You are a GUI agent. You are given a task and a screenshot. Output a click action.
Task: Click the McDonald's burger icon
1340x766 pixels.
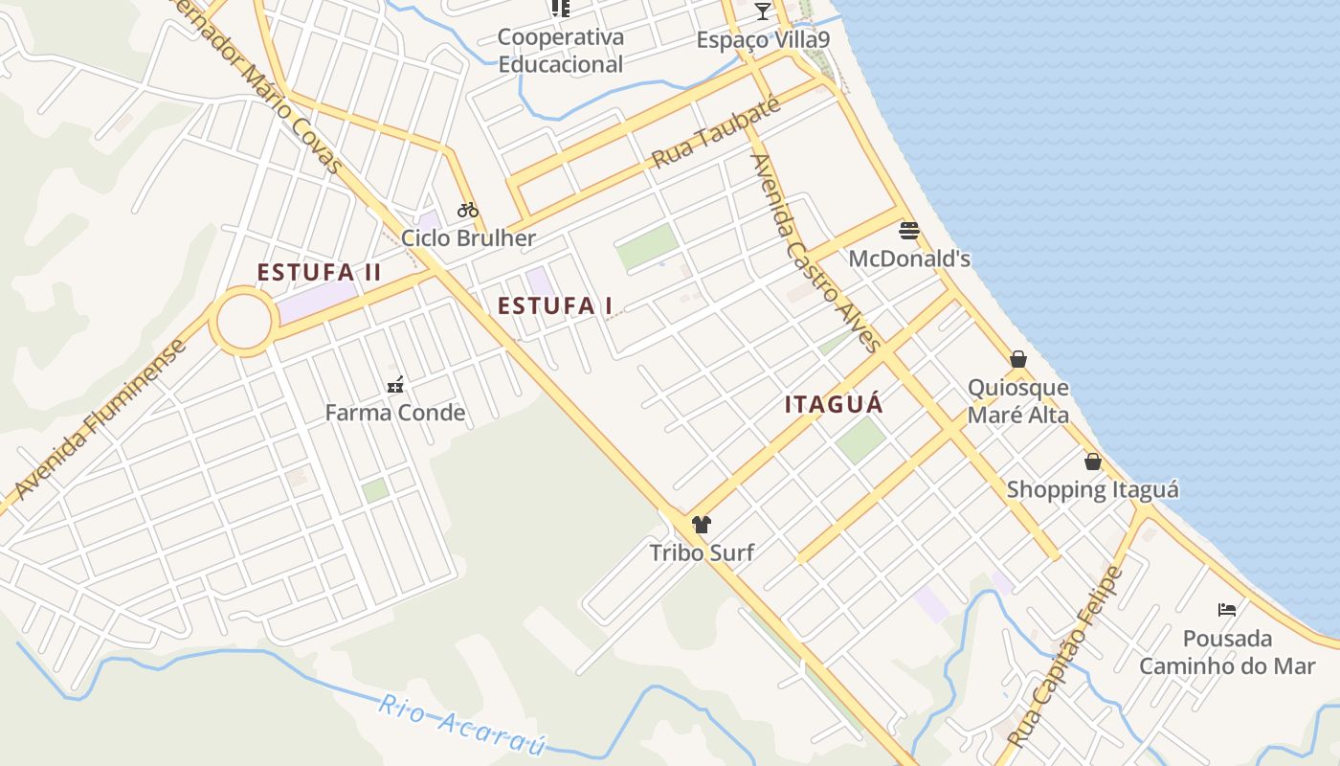click(908, 230)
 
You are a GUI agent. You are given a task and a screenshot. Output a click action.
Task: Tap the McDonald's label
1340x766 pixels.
click(909, 259)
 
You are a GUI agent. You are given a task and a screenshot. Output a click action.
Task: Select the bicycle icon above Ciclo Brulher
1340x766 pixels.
click(467, 209)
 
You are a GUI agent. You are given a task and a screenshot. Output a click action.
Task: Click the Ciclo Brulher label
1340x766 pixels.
click(468, 237)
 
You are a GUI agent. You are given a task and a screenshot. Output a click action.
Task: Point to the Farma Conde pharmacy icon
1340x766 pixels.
click(395, 386)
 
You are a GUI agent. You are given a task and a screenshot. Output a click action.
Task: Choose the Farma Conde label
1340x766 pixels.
click(394, 413)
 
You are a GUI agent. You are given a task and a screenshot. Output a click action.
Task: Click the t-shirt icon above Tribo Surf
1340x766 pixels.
click(702, 524)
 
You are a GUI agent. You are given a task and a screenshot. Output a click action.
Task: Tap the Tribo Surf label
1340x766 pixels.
click(702, 552)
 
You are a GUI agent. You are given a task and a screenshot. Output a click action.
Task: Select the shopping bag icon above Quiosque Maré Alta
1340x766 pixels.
click(1018, 359)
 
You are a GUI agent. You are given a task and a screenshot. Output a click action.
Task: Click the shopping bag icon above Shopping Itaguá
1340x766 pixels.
click(1093, 462)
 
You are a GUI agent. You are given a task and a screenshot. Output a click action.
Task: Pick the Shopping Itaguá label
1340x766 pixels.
click(1092, 490)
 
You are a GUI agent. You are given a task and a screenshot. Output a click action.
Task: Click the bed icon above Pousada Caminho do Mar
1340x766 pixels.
click(1227, 609)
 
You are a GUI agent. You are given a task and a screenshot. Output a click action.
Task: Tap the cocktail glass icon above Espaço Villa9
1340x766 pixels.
click(762, 11)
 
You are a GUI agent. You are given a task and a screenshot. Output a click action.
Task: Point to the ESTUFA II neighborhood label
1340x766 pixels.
click(319, 273)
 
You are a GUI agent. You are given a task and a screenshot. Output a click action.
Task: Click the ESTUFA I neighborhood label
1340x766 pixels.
click(555, 306)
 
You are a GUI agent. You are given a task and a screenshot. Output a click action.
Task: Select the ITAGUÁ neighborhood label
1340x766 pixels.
click(834, 404)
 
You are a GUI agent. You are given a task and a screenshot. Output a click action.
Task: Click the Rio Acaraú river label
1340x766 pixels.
click(461, 725)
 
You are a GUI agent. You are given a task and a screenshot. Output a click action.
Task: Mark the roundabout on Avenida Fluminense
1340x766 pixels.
click(243, 322)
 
